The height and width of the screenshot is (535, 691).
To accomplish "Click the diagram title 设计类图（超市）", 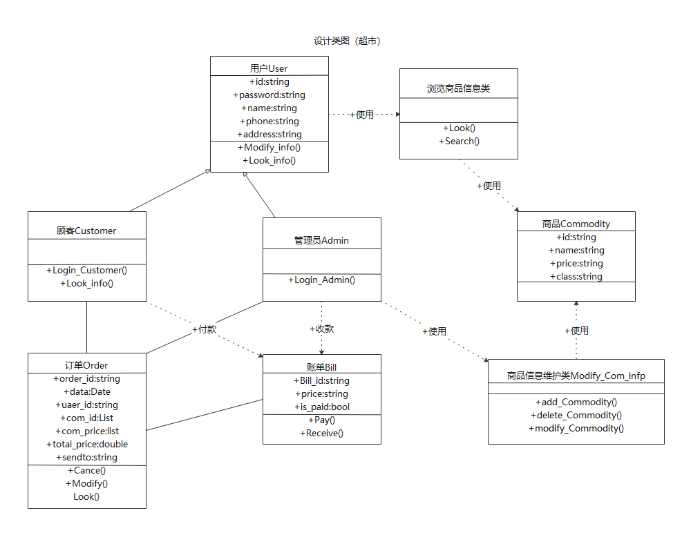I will [x=347, y=41].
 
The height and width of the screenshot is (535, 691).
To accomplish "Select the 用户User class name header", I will [x=269, y=68].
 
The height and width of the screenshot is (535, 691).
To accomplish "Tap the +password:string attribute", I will [x=269, y=95].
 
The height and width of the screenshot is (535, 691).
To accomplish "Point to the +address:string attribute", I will [x=269, y=134].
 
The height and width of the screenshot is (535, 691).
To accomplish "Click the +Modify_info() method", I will [x=269, y=147].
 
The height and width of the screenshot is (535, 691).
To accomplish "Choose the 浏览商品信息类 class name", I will [x=458, y=88].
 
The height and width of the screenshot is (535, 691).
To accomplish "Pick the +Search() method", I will [x=458, y=141].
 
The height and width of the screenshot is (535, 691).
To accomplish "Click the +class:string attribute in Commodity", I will [x=576, y=276].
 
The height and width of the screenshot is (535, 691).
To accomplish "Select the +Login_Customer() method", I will [x=86, y=270].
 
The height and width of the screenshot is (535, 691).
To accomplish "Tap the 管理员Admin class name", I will [x=321, y=240].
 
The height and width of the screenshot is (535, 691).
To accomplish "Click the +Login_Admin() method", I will [x=321, y=280].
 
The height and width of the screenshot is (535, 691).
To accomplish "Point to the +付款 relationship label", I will [x=204, y=329].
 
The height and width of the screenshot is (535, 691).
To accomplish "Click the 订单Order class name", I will [x=86, y=365].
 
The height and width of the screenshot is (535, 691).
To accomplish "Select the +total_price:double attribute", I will [x=86, y=444].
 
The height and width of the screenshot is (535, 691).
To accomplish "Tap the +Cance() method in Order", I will [x=86, y=470].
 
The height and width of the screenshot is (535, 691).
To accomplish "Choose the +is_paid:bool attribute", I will [x=321, y=407].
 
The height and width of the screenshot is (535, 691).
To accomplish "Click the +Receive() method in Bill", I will [x=321, y=433].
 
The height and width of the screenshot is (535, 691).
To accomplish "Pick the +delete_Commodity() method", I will [x=576, y=415].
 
